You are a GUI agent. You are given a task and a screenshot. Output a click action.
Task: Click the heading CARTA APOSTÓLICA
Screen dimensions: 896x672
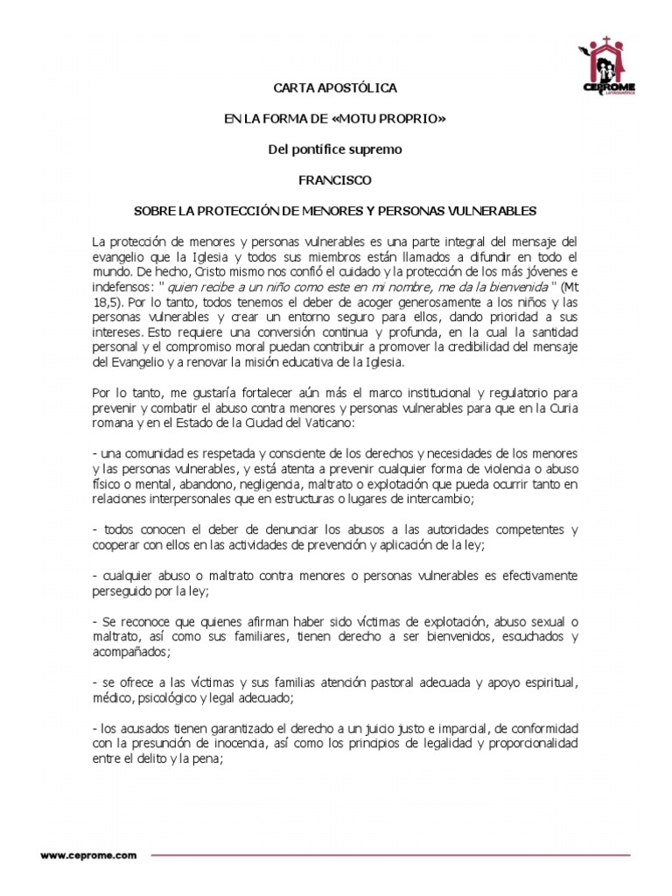pyautogui.click(x=336, y=88)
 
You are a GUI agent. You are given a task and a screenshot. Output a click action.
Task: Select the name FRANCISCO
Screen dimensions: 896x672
pyautogui.click(x=335, y=180)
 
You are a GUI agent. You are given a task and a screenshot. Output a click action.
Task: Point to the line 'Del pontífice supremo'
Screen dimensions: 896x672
pyautogui.click(x=335, y=150)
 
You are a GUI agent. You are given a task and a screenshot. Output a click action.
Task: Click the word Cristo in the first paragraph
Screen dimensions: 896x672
pyautogui.click(x=224, y=270)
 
